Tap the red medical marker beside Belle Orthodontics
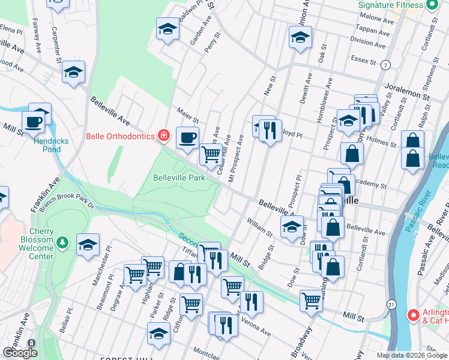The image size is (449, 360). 163,136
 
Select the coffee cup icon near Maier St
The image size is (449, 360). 187,137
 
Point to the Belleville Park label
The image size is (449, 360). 179,178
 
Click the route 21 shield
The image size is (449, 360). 391,304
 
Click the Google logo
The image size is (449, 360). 20,352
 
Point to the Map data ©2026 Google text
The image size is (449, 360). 412,355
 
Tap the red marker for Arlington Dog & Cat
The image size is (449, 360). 412,314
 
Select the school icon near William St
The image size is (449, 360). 292,227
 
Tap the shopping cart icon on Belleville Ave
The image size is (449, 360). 211,154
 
